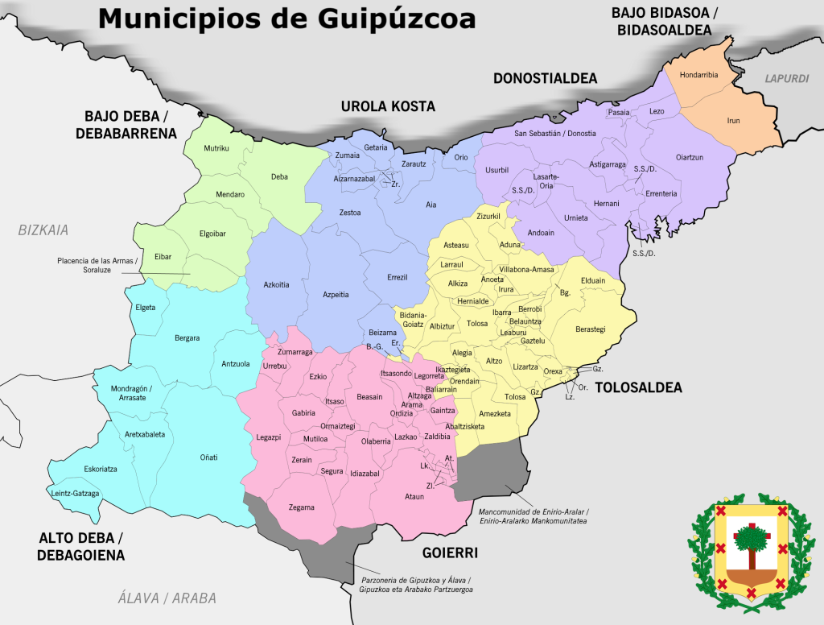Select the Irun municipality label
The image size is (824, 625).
pos(733,121)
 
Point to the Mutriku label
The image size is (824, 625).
pos(216,148)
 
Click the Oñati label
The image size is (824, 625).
pos(208,457)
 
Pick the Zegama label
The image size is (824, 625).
pos(302,507)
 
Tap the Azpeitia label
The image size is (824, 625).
pos(336,295)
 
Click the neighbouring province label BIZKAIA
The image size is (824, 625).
pos(43,230)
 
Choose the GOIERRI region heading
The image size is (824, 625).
pos(451,553)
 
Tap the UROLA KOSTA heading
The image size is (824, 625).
pos(388,106)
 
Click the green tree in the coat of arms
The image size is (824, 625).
pos(749,538)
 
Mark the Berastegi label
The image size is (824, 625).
pos(590,329)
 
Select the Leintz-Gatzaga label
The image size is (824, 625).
pos(75,493)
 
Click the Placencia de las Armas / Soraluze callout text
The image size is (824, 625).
pos(97,265)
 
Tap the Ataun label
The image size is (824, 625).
pos(414,496)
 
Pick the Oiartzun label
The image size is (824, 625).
pos(689,157)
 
